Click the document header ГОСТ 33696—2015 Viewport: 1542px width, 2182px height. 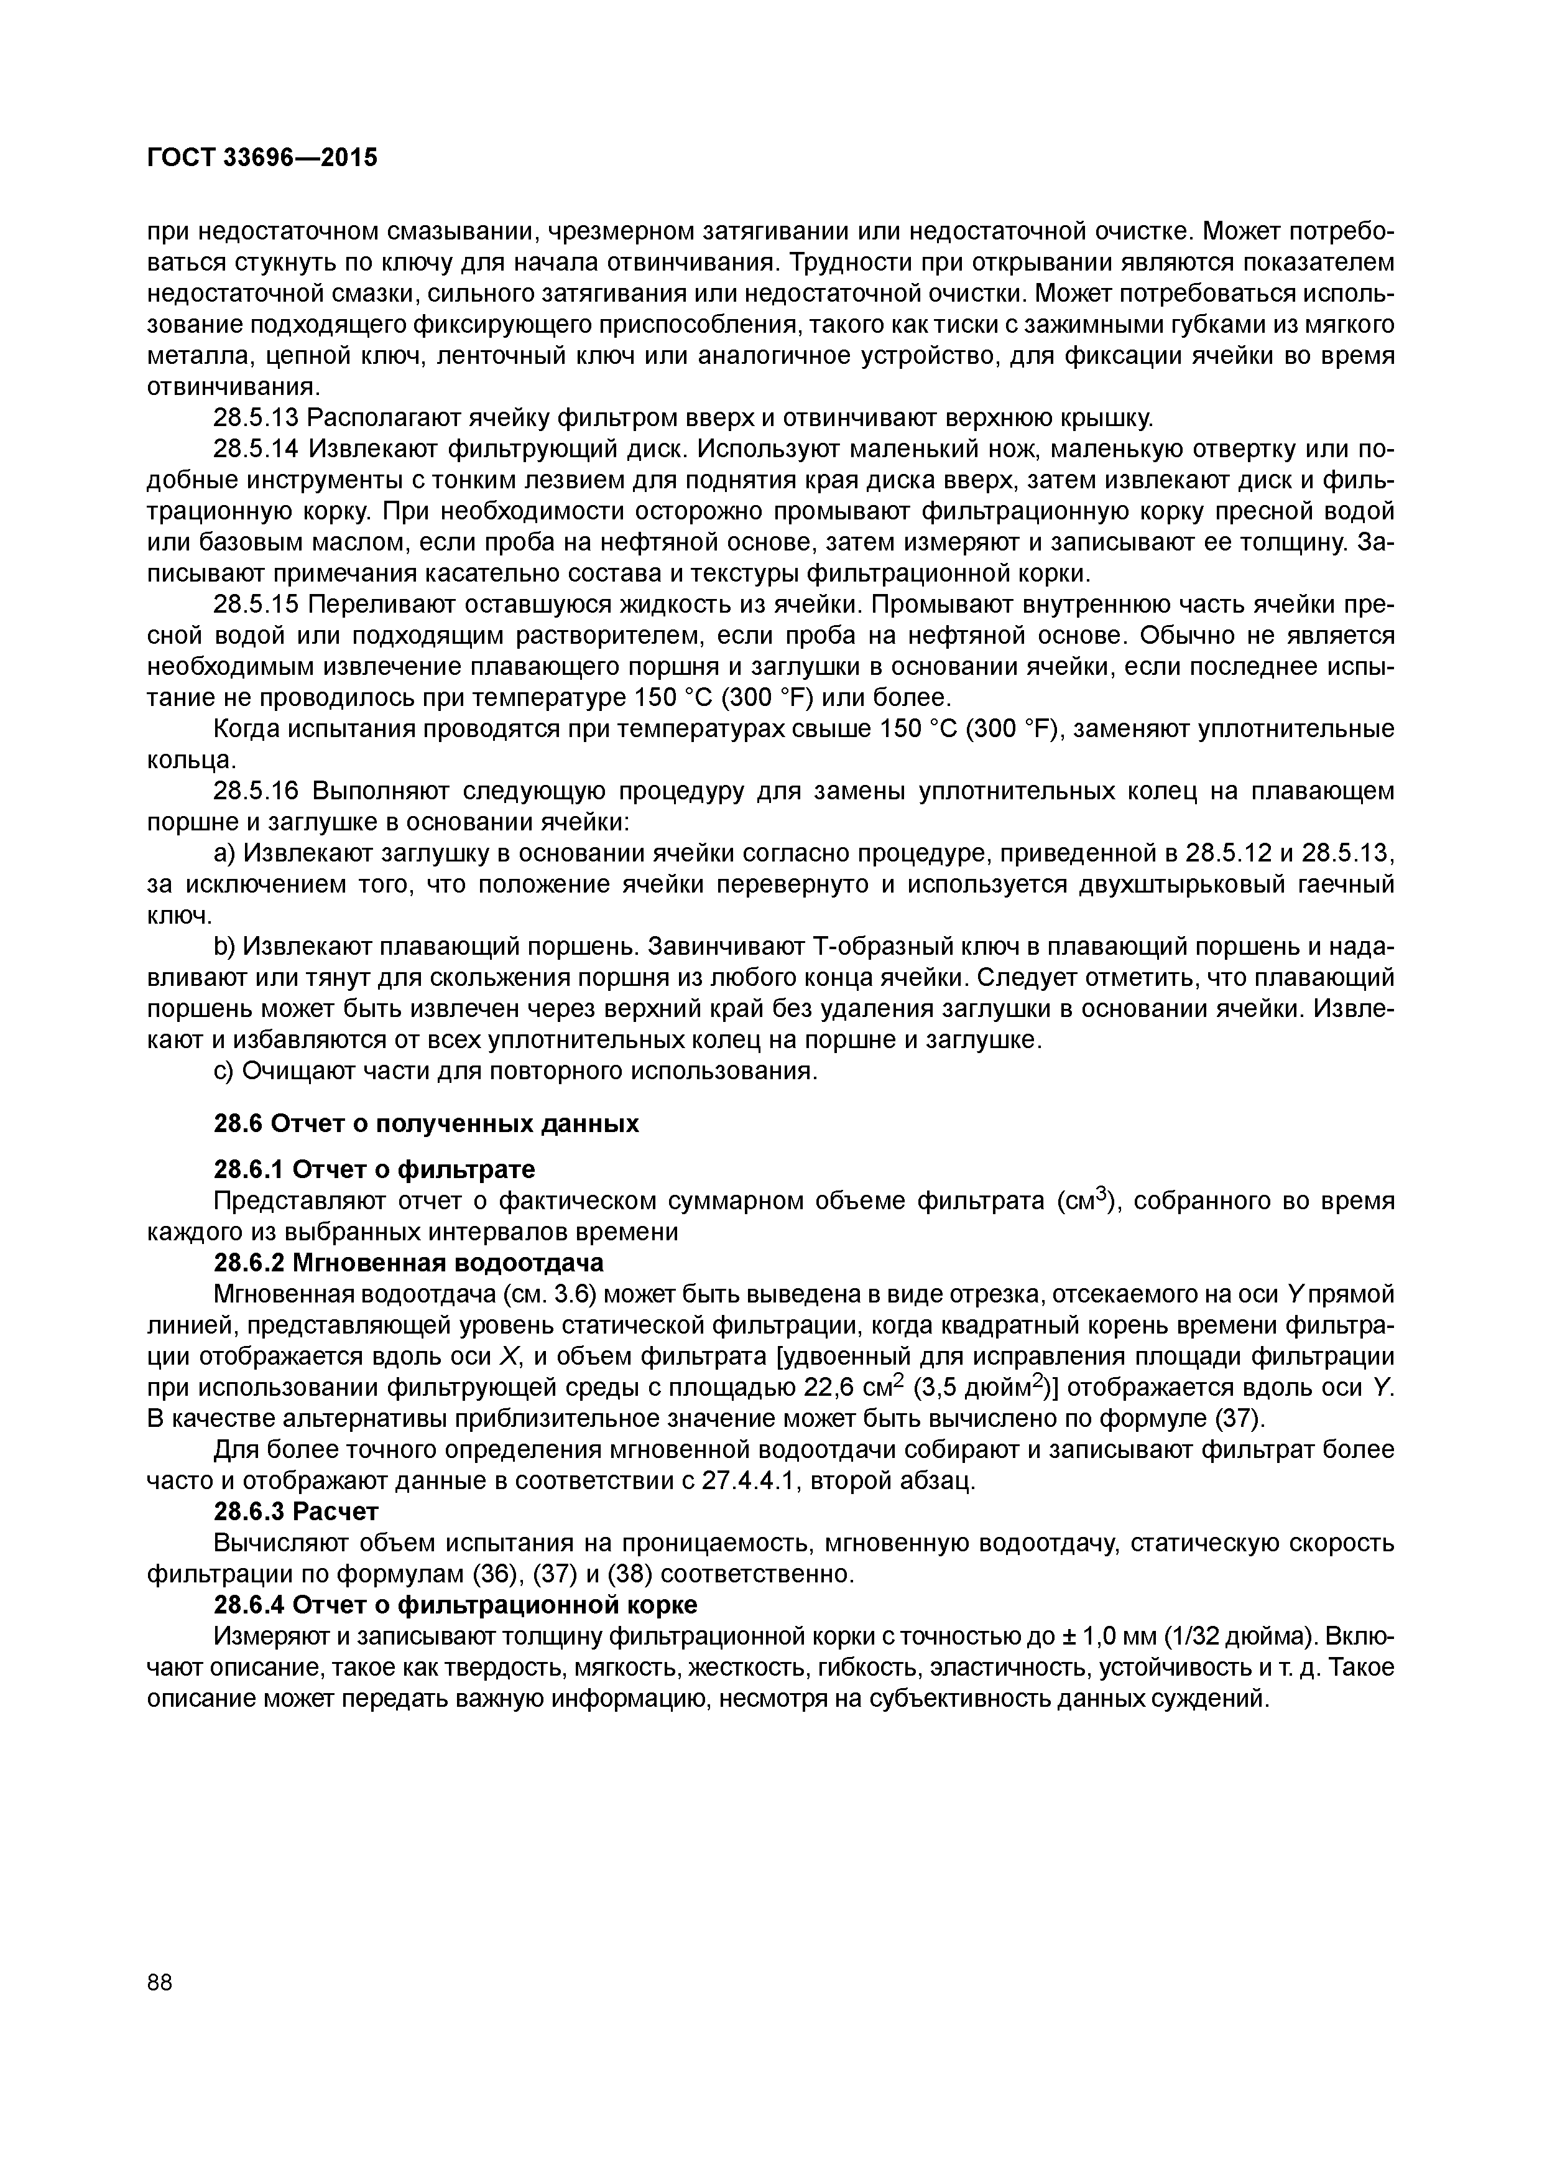coord(262,158)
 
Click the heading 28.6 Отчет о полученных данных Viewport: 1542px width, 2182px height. coord(426,1123)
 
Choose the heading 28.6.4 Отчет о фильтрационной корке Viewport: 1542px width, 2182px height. coord(455,1604)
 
